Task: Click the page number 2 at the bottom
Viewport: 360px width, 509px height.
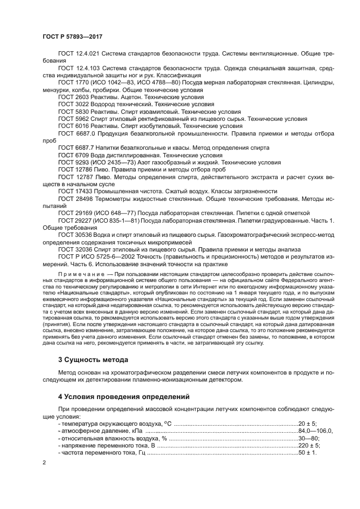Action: tap(44, 463)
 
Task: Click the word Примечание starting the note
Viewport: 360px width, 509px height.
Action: tap(78, 273)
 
